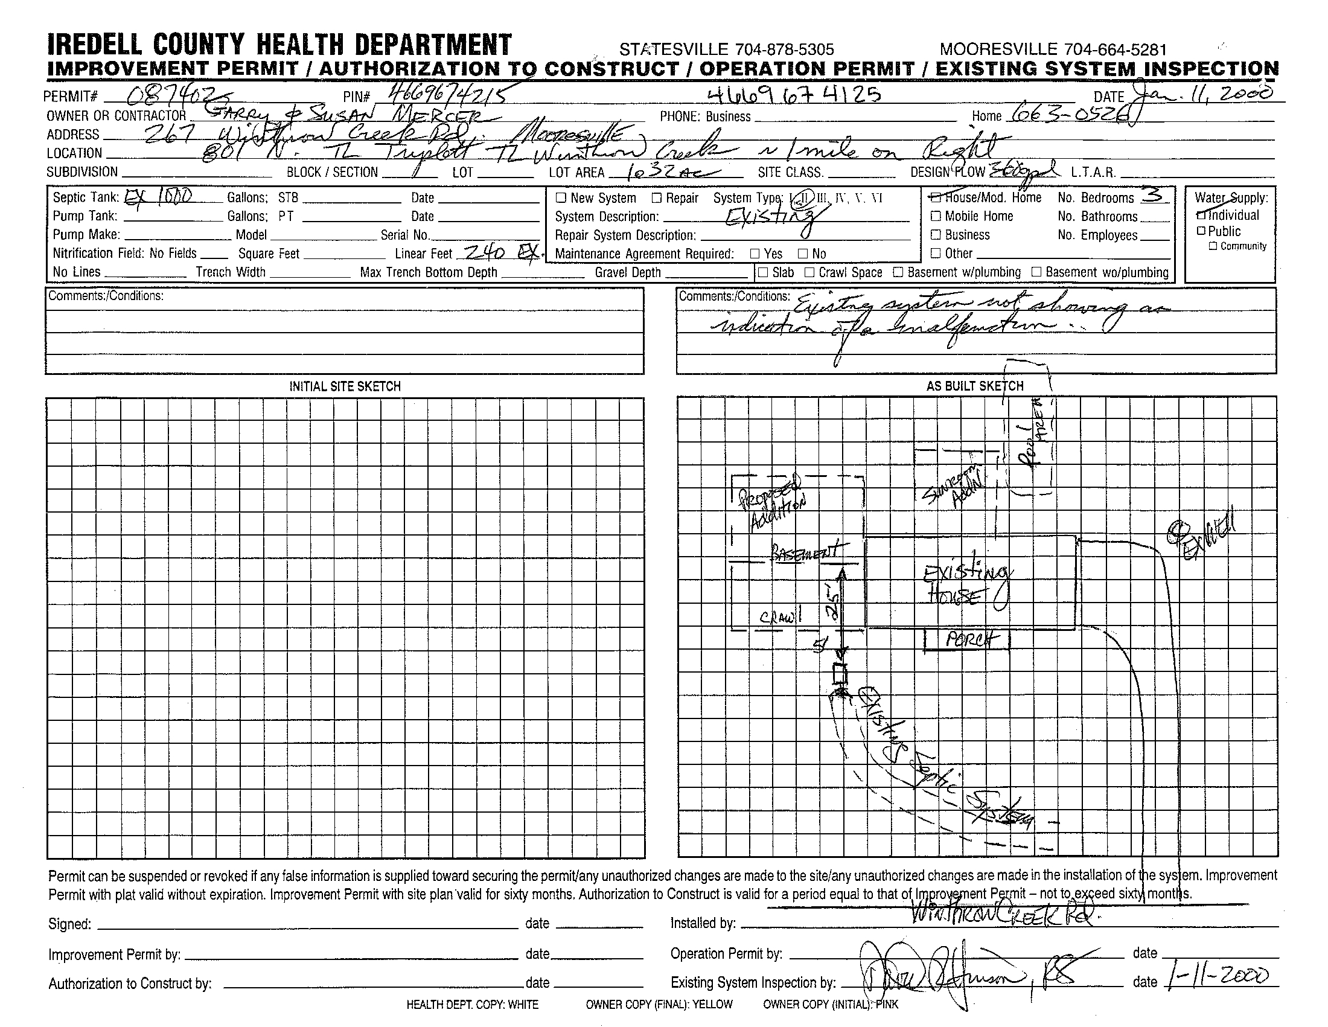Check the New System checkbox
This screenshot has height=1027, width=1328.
[561, 197]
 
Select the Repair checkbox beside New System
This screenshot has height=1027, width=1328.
[657, 197]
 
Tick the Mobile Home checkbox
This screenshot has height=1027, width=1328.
[936, 216]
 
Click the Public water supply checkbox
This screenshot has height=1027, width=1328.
[1200, 231]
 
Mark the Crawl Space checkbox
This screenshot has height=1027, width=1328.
[809, 272]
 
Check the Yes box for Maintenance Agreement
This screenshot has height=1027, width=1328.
[755, 254]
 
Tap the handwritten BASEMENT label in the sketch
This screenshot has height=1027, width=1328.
[806, 551]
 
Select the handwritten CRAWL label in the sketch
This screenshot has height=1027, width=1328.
[780, 617]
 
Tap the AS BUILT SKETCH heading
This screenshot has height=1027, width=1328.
[975, 386]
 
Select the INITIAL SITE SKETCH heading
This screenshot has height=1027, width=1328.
[345, 387]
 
